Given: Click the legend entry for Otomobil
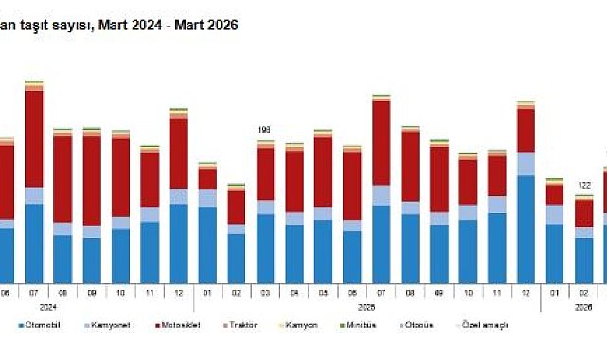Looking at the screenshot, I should point(45,325).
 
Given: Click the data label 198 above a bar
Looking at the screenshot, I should point(265,130).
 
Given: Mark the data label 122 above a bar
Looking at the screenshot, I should point(584,184).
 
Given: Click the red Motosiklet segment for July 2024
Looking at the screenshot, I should point(34,138).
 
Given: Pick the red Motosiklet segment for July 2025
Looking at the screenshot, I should point(382,142).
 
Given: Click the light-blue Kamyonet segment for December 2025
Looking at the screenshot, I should point(526,163).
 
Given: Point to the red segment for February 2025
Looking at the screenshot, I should point(237,207).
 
